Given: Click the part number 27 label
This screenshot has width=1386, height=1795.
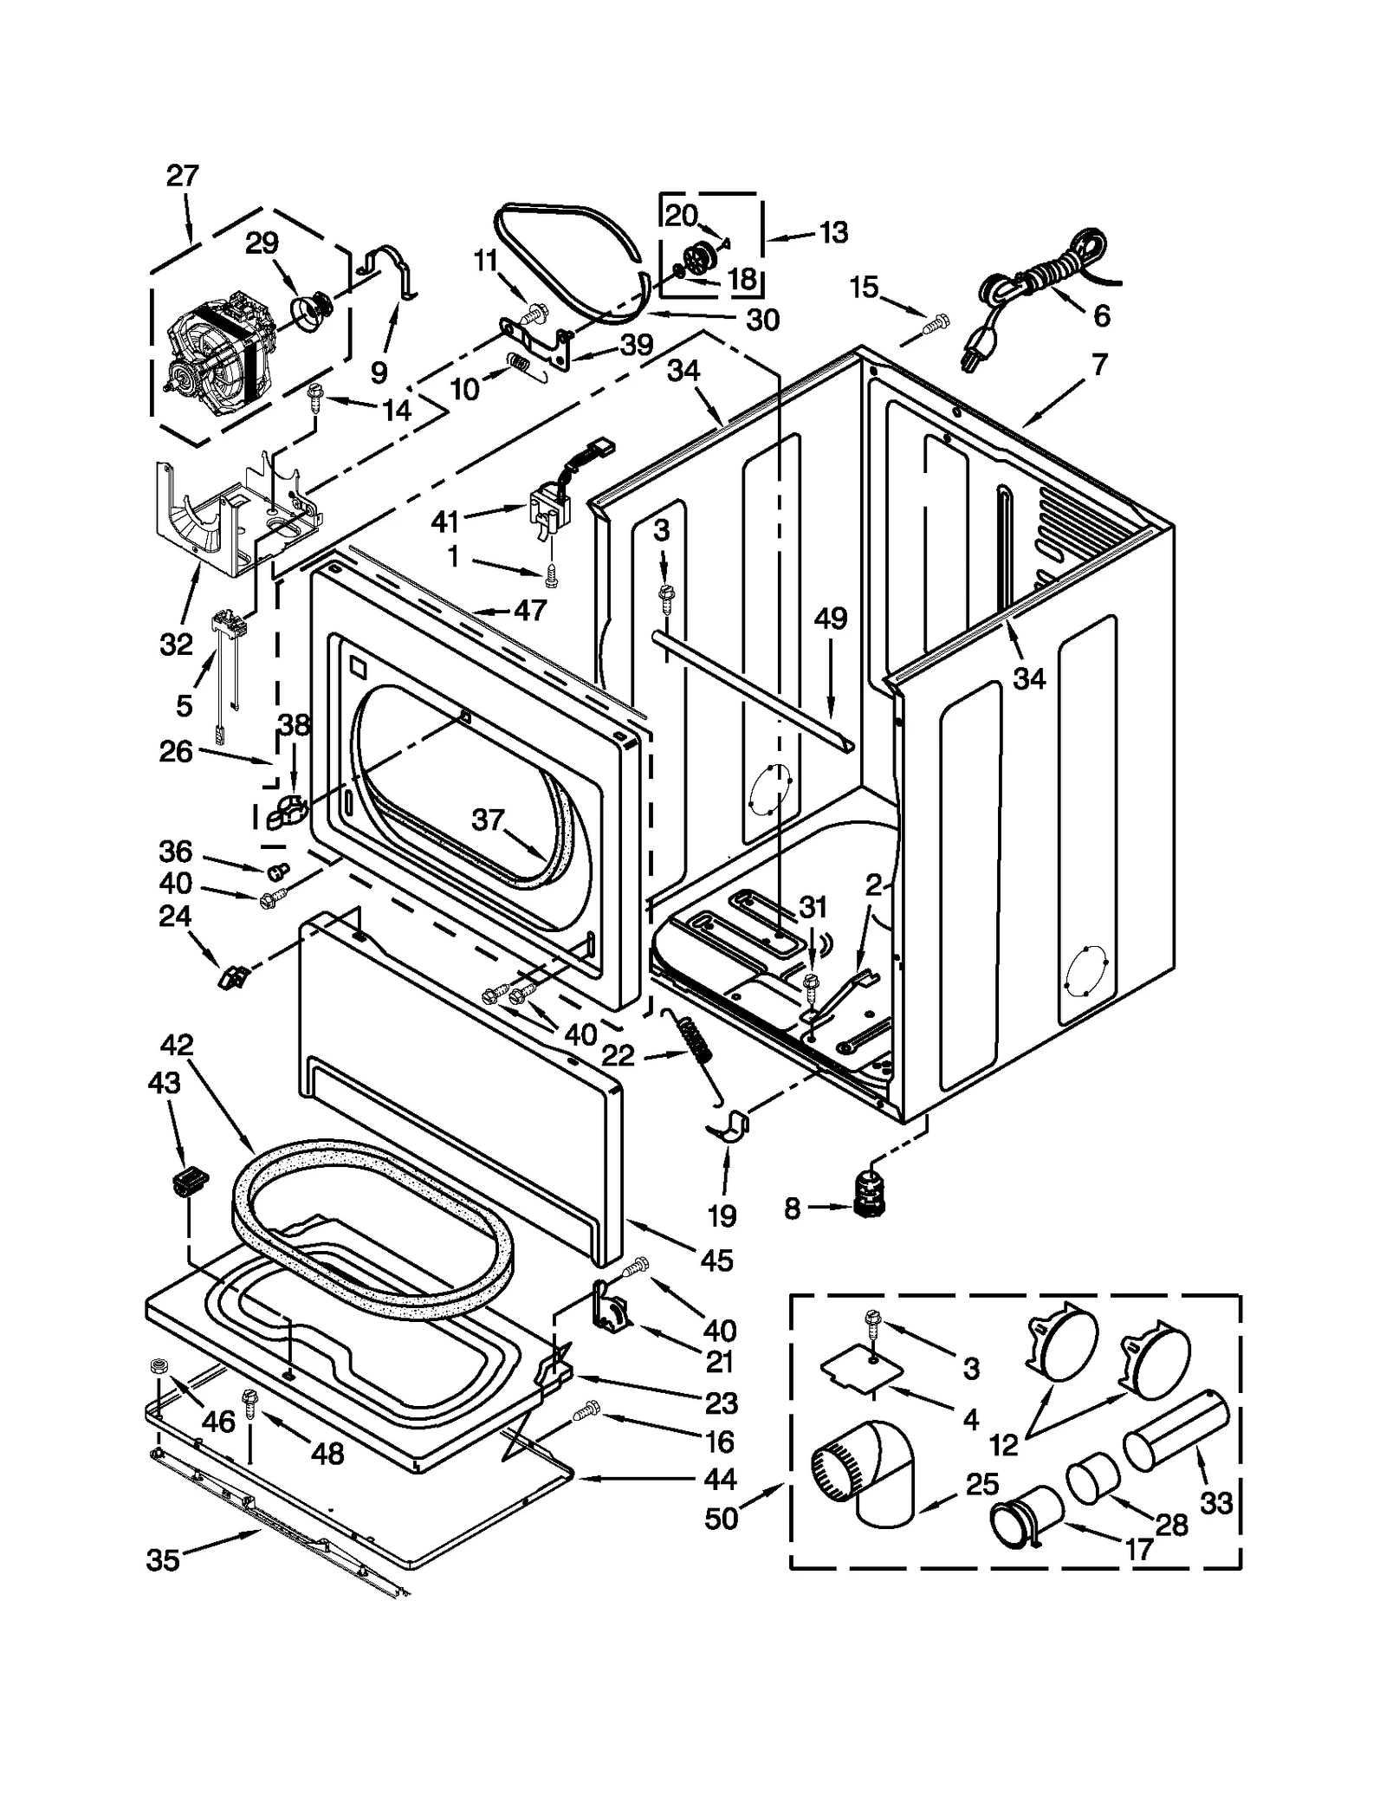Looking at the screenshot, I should click(182, 176).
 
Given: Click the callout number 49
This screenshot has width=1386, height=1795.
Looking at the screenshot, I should click(830, 619).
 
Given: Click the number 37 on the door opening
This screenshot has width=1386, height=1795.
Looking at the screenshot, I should click(488, 819).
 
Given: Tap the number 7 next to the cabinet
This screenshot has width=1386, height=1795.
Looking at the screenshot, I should click(1098, 365).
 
